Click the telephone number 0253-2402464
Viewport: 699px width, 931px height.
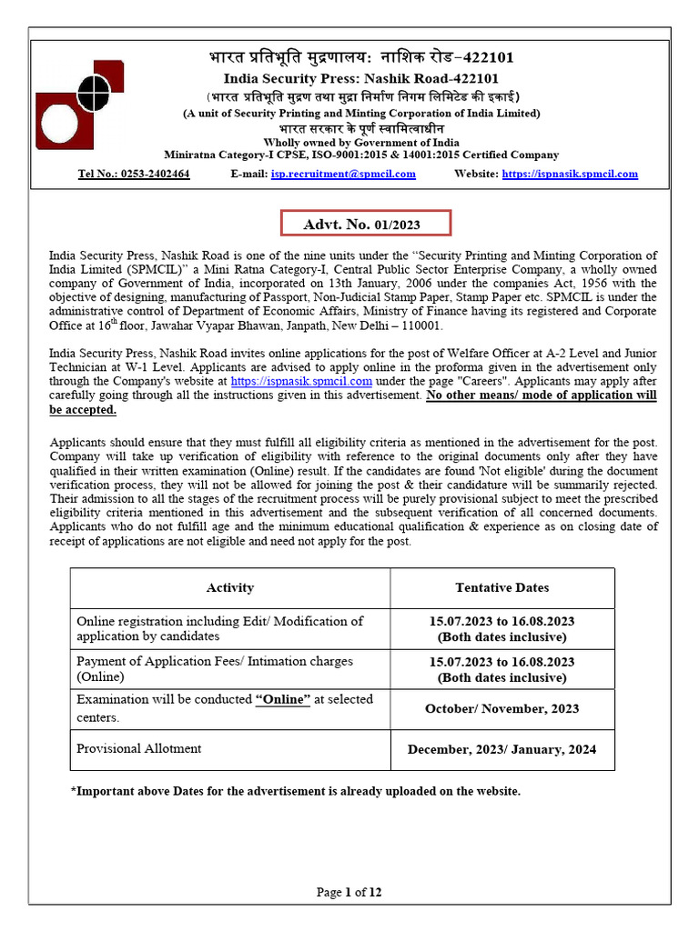point(134,174)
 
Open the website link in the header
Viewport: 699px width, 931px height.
point(570,174)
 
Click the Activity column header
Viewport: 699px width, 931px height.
point(230,588)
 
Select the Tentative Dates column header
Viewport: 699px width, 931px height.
point(502,588)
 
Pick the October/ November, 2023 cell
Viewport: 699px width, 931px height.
point(502,708)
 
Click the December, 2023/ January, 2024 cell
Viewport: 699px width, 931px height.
point(502,749)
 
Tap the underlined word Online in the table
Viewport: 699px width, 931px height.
point(283,699)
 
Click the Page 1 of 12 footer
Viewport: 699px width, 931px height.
point(349,892)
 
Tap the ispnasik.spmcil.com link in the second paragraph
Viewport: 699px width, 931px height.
point(301,382)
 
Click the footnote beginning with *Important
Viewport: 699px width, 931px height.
point(296,791)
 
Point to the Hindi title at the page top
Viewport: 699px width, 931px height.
point(361,58)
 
